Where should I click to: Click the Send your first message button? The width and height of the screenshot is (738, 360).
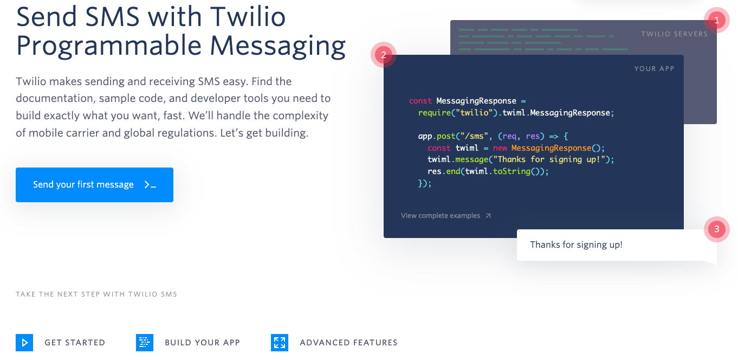[x=95, y=185]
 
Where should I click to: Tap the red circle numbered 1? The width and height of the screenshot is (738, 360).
[x=716, y=21]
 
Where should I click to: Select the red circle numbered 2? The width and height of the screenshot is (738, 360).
[x=384, y=55]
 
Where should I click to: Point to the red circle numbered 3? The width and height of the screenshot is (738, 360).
[x=716, y=229]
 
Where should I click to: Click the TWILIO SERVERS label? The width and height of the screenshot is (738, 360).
[x=674, y=34]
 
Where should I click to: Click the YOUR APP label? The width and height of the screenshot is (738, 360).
[x=655, y=68]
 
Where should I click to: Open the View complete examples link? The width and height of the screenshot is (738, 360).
[x=446, y=216]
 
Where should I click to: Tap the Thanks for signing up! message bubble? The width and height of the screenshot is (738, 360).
[x=617, y=245]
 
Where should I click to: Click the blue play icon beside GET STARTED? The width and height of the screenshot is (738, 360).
[x=24, y=343]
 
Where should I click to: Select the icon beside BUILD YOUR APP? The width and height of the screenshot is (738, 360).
[x=145, y=343]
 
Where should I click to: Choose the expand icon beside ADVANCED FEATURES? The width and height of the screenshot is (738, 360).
[x=280, y=343]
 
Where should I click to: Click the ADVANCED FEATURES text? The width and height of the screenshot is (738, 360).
[x=348, y=343]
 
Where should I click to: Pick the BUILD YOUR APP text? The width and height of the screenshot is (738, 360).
[x=202, y=343]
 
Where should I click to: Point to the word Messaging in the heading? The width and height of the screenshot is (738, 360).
[x=278, y=47]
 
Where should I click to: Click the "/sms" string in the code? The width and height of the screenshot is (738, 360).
[x=475, y=136]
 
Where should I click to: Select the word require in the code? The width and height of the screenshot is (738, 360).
[x=435, y=113]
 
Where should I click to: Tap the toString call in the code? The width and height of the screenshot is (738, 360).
[x=512, y=171]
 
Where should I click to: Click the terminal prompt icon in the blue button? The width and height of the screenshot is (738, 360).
[x=150, y=185]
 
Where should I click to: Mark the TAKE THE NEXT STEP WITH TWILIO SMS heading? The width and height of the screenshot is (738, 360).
[x=96, y=294]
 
